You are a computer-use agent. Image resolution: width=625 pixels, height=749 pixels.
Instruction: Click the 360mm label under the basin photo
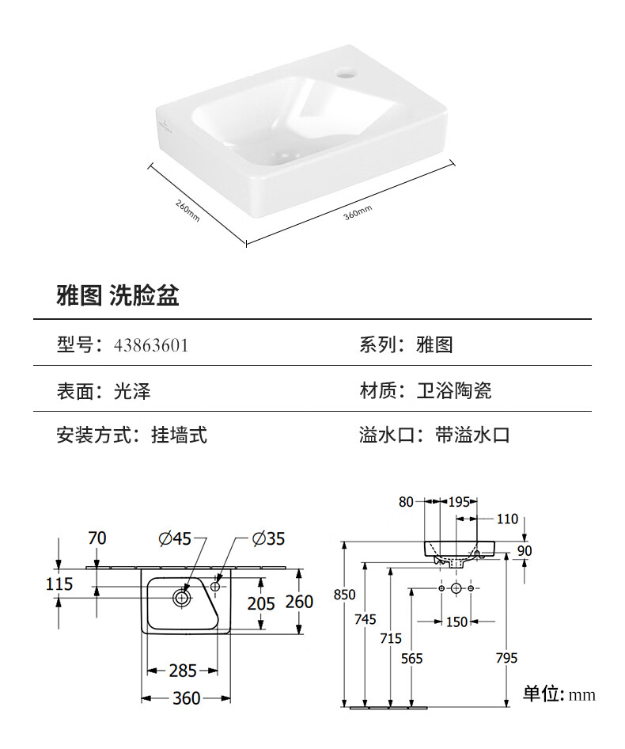[x=358, y=212]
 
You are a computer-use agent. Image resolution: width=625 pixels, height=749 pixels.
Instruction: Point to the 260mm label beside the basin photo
[x=187, y=210]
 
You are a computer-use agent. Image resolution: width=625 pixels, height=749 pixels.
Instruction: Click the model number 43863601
[x=151, y=345]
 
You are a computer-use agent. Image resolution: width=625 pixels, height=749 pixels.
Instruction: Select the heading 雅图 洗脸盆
[x=118, y=296]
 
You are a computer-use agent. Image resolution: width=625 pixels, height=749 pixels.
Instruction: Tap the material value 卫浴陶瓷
[x=454, y=390]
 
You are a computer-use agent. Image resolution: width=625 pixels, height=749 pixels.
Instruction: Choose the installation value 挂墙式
[x=179, y=435]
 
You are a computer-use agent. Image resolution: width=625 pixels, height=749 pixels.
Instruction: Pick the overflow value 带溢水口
[x=472, y=435]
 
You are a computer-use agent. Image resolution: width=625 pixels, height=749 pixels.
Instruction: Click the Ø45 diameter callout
[x=175, y=538]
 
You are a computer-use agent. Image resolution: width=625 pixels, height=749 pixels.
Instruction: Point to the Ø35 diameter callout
[x=268, y=538]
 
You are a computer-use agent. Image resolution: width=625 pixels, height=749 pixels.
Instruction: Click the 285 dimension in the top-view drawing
[x=183, y=671]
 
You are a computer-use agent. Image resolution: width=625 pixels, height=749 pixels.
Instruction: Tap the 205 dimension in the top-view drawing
[x=261, y=603]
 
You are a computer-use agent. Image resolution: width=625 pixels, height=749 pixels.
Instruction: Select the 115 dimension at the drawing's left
[x=60, y=584]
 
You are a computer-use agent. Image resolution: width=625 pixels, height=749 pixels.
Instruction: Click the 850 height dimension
[x=345, y=594]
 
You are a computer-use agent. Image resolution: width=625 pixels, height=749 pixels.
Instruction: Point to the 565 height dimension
[x=412, y=658]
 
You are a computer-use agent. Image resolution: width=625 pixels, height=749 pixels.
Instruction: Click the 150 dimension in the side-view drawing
[x=456, y=622]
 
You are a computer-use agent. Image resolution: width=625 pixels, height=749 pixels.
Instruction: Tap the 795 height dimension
[x=506, y=658]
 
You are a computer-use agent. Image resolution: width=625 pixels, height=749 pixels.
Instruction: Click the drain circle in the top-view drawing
[x=182, y=599]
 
